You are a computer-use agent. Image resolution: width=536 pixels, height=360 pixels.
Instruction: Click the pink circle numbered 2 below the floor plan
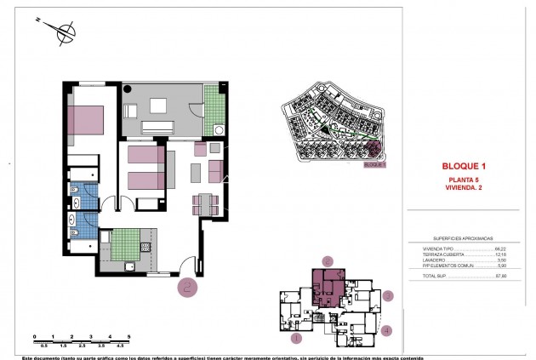(x=188, y=287)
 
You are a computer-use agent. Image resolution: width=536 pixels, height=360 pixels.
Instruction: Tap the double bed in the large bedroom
(x=85, y=118)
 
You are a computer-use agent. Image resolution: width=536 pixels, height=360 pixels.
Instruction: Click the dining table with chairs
(x=207, y=204)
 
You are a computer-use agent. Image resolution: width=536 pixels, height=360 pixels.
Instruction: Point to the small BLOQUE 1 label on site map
(x=374, y=166)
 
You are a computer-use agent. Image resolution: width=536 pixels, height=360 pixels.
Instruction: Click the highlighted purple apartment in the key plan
(x=328, y=286)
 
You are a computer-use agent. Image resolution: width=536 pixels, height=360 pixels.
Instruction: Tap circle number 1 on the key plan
(x=297, y=338)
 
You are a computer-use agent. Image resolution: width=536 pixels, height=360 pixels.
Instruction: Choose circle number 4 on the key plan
(x=386, y=331)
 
